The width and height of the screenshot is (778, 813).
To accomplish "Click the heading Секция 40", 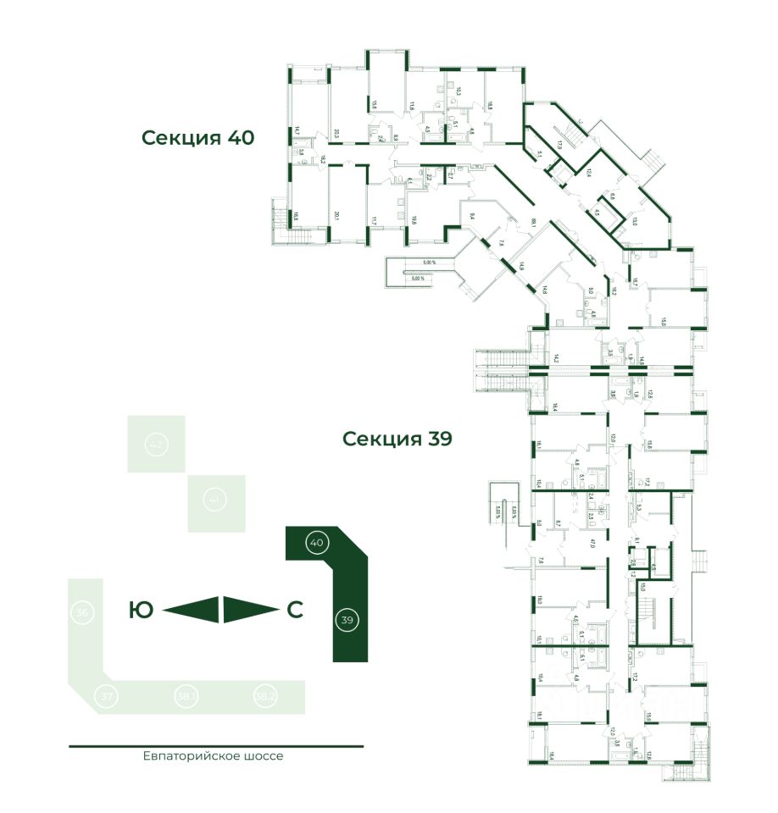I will [197, 138].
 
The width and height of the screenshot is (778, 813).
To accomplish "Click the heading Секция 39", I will [397, 439].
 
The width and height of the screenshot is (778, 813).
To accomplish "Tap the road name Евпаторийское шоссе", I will [213, 755].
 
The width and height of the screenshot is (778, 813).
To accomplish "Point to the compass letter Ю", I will [141, 609].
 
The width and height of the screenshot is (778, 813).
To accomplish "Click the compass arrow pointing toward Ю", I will [192, 609].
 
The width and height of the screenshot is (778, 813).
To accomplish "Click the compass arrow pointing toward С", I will [251, 609].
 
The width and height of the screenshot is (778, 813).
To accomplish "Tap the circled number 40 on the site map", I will [316, 541].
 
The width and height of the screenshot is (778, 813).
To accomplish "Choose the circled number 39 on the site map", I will [346, 620].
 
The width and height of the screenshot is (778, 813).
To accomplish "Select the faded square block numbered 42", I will [155, 443].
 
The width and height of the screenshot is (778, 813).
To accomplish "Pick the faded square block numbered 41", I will [216, 501].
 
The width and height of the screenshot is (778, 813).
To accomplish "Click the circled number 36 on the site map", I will [82, 612].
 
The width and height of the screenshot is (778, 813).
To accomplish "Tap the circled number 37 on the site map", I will [107, 696].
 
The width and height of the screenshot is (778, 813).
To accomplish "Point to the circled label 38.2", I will [265, 696].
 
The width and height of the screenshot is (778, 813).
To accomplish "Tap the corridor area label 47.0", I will [593, 542].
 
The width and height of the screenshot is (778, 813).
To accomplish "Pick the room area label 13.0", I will [635, 224].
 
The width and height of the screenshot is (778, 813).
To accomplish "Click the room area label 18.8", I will [489, 108].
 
